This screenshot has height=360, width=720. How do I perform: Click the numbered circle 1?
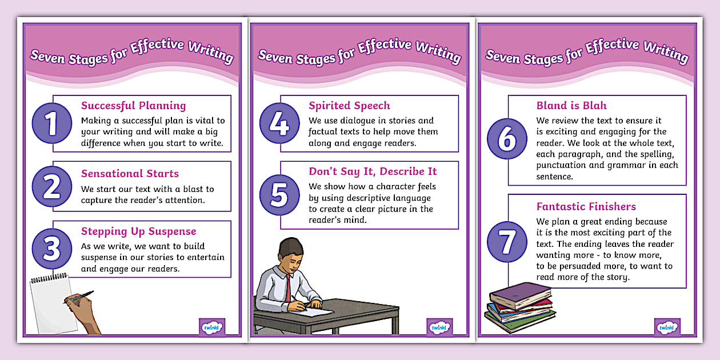point(52,123)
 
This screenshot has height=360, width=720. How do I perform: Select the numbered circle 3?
point(52,247)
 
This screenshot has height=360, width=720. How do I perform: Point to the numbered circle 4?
point(279,123)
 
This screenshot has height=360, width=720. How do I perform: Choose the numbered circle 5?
point(279,195)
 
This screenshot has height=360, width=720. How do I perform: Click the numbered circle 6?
point(507,139)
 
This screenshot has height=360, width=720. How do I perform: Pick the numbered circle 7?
point(507,242)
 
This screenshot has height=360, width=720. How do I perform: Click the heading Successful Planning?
point(133,106)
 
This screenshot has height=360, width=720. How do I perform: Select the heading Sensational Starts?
point(130,174)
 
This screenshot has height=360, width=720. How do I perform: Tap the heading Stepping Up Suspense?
point(138,231)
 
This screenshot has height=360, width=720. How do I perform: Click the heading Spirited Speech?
point(349,106)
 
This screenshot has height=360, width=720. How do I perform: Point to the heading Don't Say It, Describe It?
point(373,171)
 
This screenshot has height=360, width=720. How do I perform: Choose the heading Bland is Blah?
point(571,106)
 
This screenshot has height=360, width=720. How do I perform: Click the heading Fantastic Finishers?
point(586,207)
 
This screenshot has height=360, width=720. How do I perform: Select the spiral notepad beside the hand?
point(51,303)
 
